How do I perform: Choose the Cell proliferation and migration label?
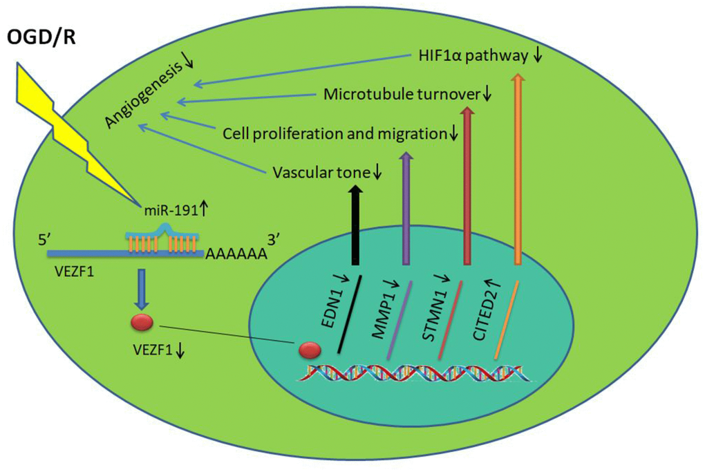(335, 133)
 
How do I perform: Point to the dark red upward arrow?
(467, 187)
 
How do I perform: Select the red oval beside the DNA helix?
(309, 350)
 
